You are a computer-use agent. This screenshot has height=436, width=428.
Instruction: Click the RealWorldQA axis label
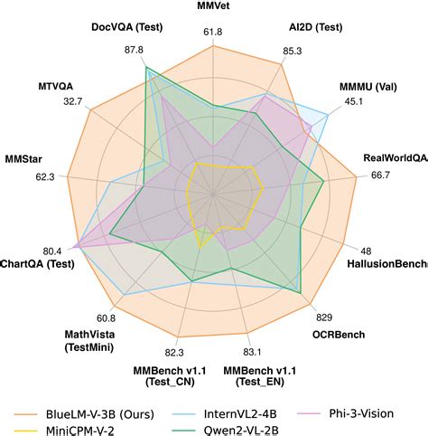pos(395,158)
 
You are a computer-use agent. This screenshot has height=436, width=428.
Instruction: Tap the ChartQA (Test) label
pos(38,264)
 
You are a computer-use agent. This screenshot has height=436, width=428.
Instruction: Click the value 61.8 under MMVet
pos(213,33)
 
